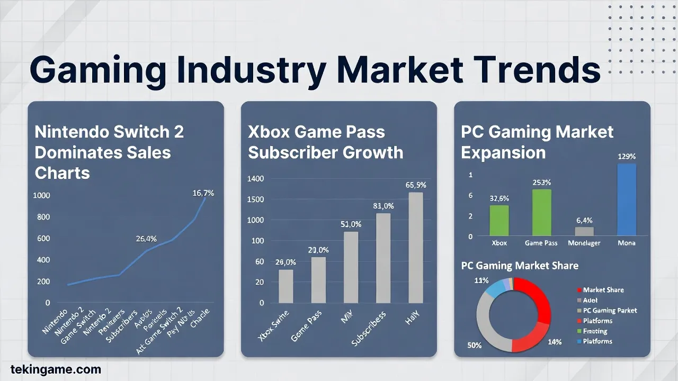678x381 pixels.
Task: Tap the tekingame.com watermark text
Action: [56, 369]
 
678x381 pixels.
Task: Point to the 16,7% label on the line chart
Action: [203, 193]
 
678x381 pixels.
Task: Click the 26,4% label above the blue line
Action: [146, 239]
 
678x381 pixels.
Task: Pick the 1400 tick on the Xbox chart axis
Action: [255, 178]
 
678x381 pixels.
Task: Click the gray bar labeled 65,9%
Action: [416, 247]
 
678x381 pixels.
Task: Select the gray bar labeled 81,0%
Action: [383, 258]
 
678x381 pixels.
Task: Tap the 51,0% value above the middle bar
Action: [351, 224]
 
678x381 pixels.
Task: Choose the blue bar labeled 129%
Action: [627, 199]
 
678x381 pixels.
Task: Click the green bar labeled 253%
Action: [542, 212]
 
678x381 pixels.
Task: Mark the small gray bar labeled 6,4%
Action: [584, 231]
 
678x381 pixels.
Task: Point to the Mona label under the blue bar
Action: [627, 243]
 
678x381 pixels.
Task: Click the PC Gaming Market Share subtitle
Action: [520, 266]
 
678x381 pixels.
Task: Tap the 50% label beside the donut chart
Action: [475, 345]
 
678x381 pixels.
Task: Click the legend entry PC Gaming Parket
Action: [610, 311]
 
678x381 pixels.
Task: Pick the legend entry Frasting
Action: [595, 331]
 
